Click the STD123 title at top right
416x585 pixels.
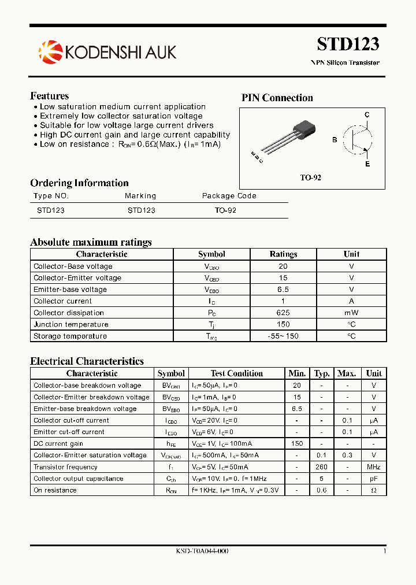coord(348,44)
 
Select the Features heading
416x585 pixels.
coord(49,96)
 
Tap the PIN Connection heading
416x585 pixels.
coord(277,98)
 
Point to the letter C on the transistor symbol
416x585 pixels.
coord(366,115)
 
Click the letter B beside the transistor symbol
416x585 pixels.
coord(334,140)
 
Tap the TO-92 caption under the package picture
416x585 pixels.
coord(310,177)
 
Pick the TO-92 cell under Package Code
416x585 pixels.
coord(225,210)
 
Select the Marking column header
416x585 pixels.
coord(140,196)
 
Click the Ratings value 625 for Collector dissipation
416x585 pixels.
coord(283,313)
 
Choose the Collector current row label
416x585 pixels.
coord(62,301)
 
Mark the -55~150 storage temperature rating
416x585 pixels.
coord(283,336)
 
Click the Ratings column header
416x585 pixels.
coord(283,254)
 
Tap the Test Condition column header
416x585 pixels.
coord(237,373)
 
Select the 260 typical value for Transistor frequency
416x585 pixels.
coord(321,467)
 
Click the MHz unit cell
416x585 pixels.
coord(374,467)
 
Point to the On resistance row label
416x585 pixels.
coord(55,490)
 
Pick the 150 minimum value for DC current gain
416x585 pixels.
coord(297,444)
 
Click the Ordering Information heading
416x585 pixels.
coord(79,183)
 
